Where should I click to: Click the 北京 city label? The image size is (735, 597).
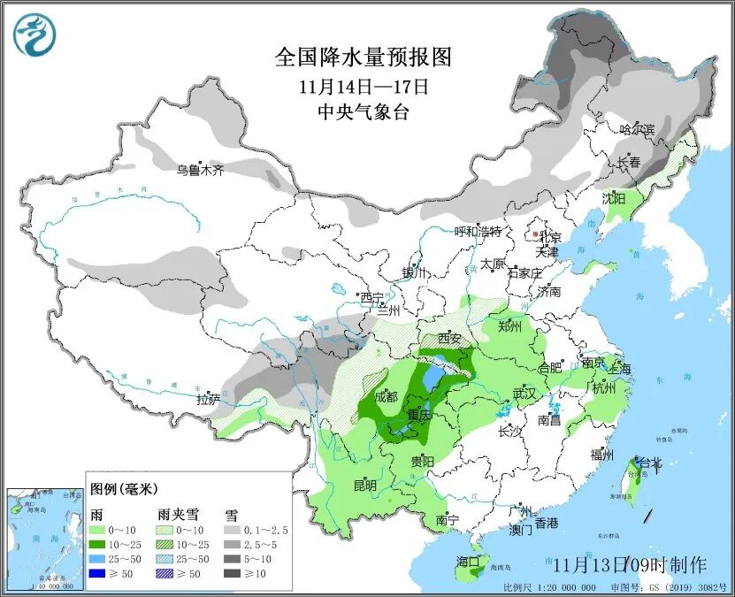[551, 237]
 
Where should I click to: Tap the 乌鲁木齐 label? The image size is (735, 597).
[199, 169]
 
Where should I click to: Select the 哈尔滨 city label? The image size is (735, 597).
[637, 129]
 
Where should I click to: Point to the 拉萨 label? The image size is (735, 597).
[208, 399]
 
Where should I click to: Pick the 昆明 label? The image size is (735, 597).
[364, 486]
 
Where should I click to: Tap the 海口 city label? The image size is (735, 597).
[467, 562]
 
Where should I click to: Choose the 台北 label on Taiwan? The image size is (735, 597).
[649, 462]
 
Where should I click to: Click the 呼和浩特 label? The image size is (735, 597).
[478, 232]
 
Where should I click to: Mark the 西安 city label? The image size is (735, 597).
[450, 338]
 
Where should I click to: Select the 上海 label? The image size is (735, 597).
[619, 369]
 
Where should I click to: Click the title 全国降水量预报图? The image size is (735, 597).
[364, 57]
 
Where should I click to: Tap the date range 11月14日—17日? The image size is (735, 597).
[364, 87]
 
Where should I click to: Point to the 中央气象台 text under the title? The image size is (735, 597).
[364, 111]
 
